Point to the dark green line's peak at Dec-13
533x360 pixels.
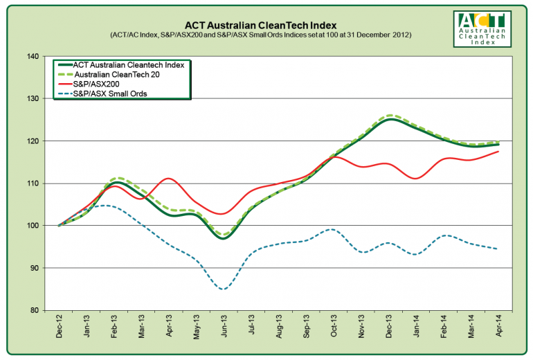pyautogui.click(x=390, y=119)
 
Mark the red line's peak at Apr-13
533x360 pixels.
pyautogui.click(x=169, y=179)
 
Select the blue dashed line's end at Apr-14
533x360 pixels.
pyautogui.click(x=499, y=249)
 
